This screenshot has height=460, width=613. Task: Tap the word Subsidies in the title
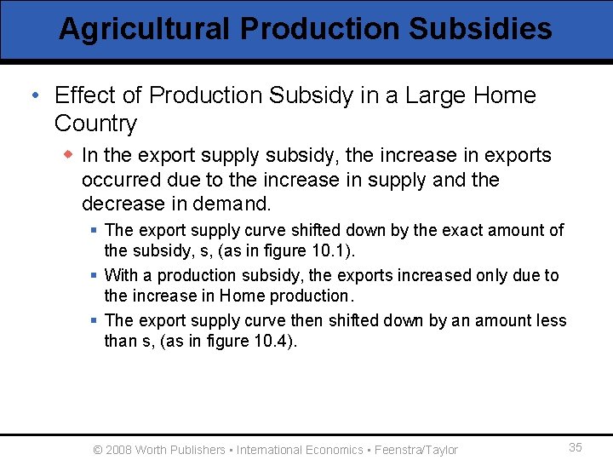pyautogui.click(x=480, y=29)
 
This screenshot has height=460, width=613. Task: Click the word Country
pyautogui.click(x=95, y=124)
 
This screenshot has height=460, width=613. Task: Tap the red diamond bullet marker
pyautogui.click(x=69, y=155)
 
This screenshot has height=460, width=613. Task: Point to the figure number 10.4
pyautogui.click(x=277, y=341)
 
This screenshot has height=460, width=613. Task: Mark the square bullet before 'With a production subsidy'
pyautogui.click(x=95, y=275)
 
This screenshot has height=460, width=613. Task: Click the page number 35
pyautogui.click(x=576, y=448)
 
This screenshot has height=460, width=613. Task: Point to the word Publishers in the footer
pyautogui.click(x=198, y=450)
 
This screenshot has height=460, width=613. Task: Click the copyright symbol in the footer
pyautogui.click(x=97, y=450)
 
